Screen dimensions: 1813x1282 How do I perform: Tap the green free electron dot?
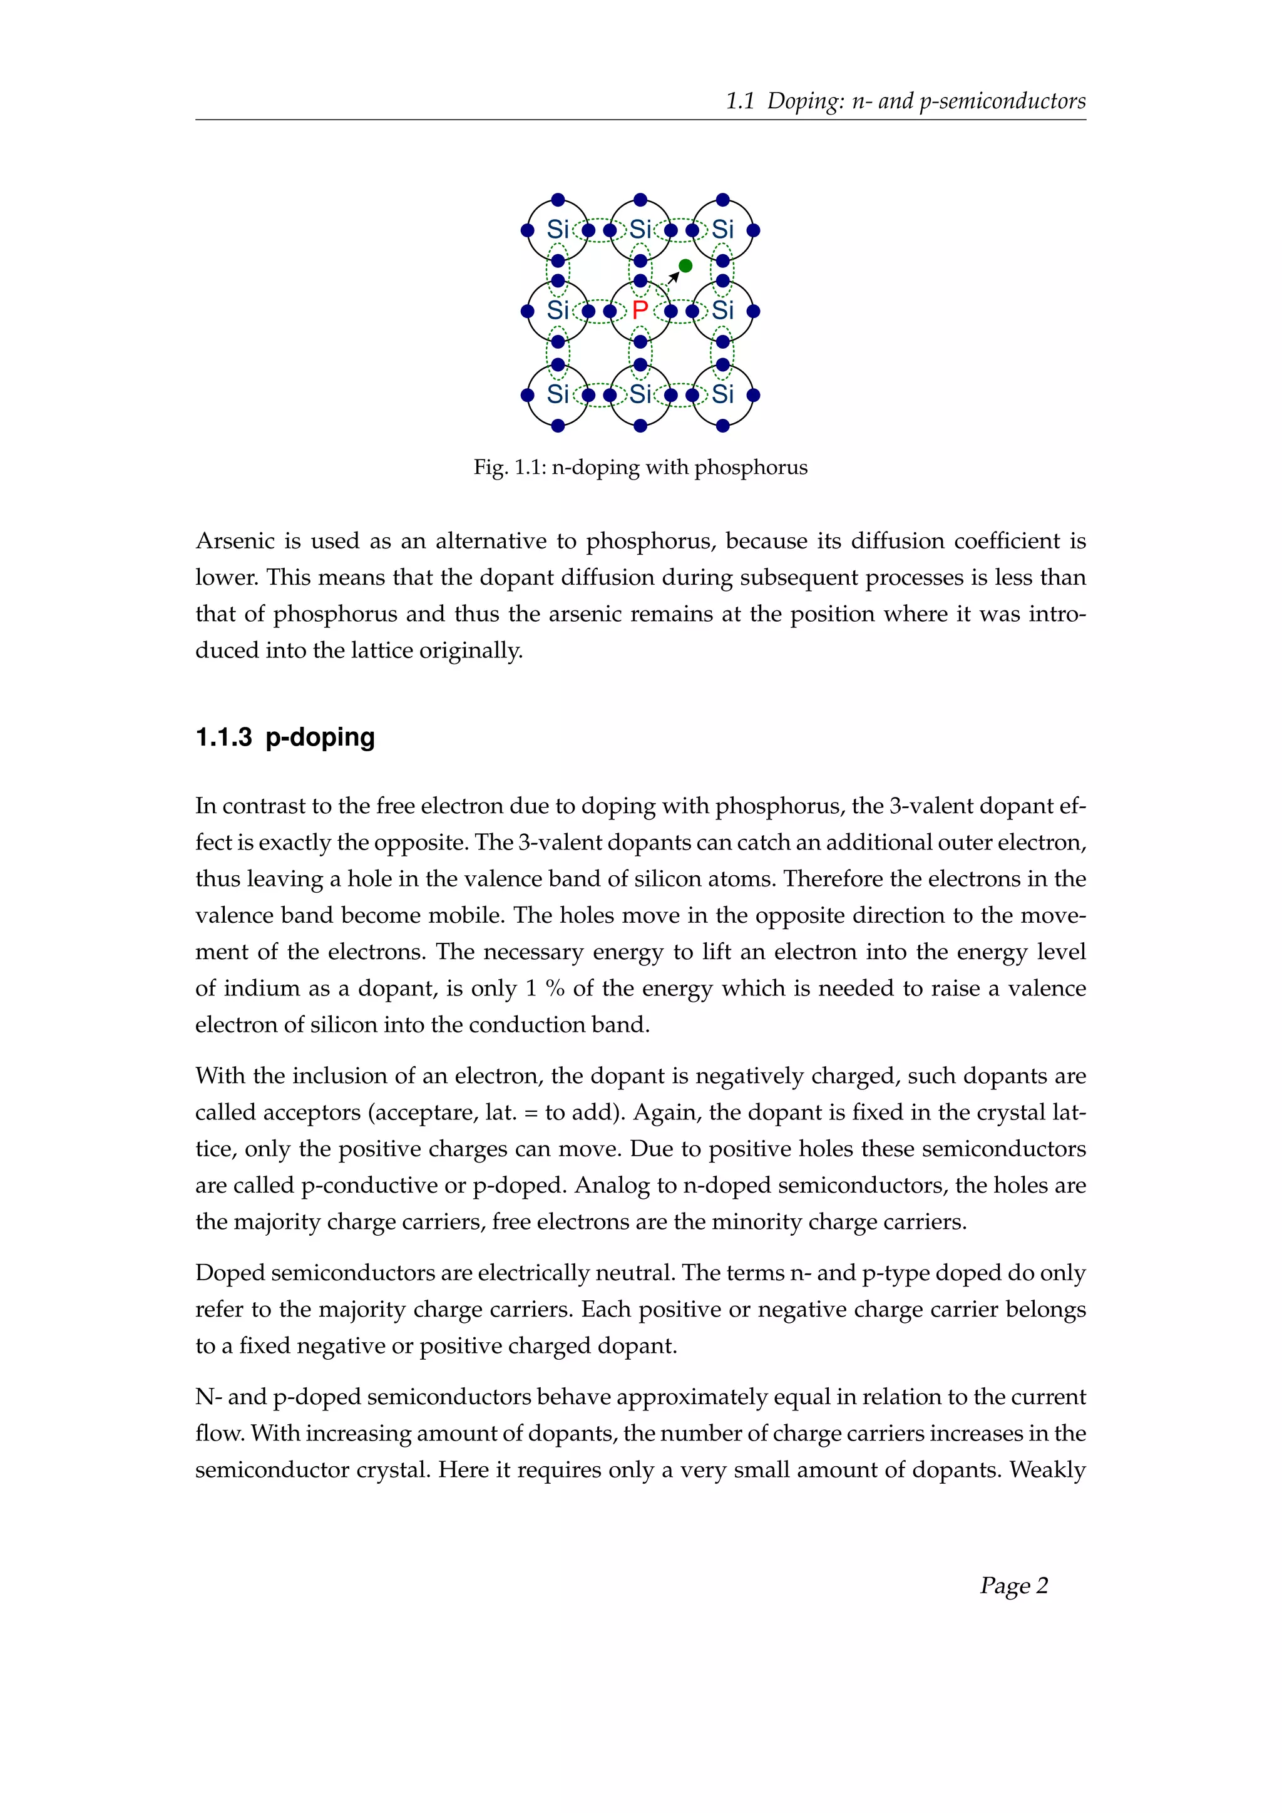685,266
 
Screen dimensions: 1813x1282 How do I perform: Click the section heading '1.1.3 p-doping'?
285,737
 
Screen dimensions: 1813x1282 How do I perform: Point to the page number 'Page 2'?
1013,1586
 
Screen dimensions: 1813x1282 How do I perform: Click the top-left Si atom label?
557,230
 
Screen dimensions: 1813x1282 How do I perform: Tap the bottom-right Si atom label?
722,394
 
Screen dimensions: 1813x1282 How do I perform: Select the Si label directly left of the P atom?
557,311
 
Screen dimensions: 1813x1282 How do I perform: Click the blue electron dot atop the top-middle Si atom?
640,200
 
